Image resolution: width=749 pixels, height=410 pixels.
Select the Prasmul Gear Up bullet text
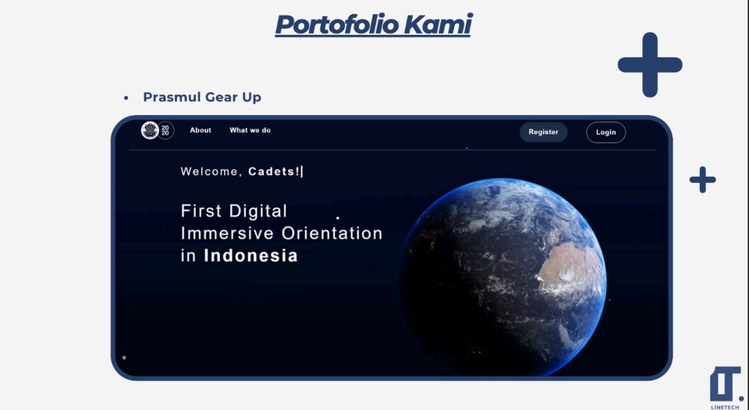(202, 97)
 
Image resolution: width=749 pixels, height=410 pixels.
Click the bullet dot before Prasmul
(126, 98)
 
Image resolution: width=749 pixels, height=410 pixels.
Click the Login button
(605, 133)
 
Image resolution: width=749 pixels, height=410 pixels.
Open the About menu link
(201, 130)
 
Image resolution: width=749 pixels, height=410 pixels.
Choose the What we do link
(250, 130)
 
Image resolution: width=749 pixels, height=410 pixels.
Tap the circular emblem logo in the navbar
(150, 130)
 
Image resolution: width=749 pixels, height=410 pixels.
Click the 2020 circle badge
(165, 130)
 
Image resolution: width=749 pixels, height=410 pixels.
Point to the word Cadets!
(275, 171)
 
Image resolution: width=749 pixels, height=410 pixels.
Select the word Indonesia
(250, 256)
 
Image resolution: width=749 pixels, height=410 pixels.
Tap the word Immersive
(227, 233)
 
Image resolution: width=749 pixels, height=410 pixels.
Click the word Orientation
(332, 233)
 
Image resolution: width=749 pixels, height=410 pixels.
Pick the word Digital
(258, 211)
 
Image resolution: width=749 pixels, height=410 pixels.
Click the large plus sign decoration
(650, 65)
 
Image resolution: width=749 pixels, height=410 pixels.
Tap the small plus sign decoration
(703, 180)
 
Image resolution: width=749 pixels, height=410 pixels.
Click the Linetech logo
(725, 387)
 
